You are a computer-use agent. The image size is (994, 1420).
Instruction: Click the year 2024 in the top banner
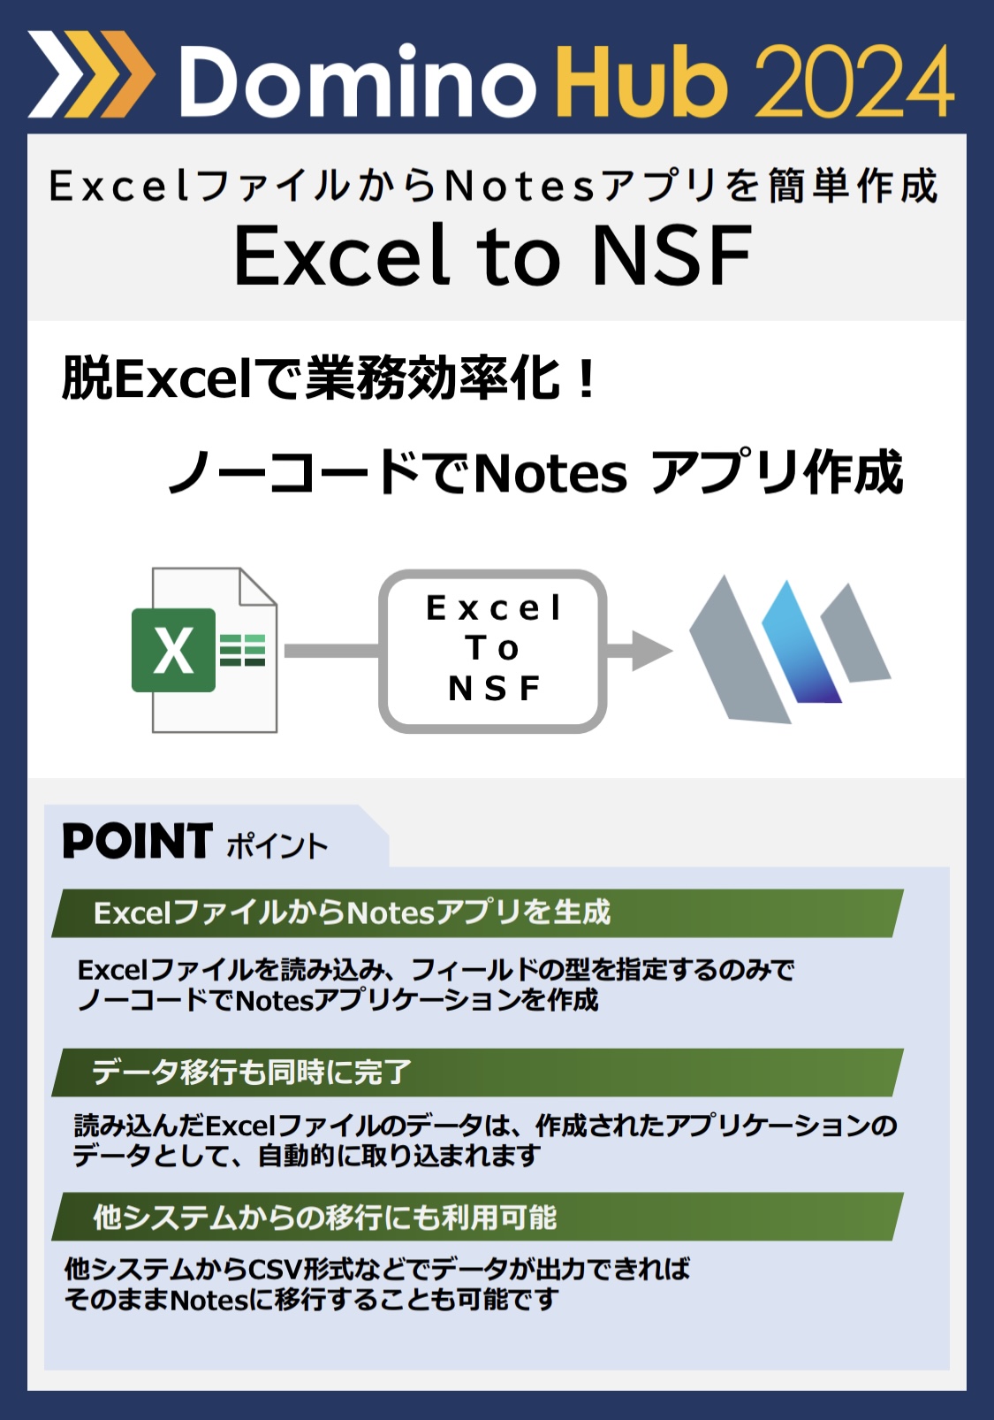tap(854, 80)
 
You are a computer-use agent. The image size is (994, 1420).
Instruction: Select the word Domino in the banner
tap(358, 80)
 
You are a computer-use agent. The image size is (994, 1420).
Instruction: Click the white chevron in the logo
tap(53, 74)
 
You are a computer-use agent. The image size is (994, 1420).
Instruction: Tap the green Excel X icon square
tap(173, 650)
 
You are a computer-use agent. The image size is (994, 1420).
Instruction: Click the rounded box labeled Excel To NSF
tap(493, 651)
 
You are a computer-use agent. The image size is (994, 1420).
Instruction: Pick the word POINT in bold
tap(138, 841)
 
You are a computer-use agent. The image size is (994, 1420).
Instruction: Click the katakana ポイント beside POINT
tap(277, 845)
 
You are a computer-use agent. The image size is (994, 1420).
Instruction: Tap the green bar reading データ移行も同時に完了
tap(478, 1073)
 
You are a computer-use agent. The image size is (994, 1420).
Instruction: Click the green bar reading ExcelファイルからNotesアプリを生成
tap(478, 913)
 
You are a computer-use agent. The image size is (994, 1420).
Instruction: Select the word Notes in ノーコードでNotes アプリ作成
tap(550, 474)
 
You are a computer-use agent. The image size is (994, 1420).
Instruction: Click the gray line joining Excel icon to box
tap(331, 651)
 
